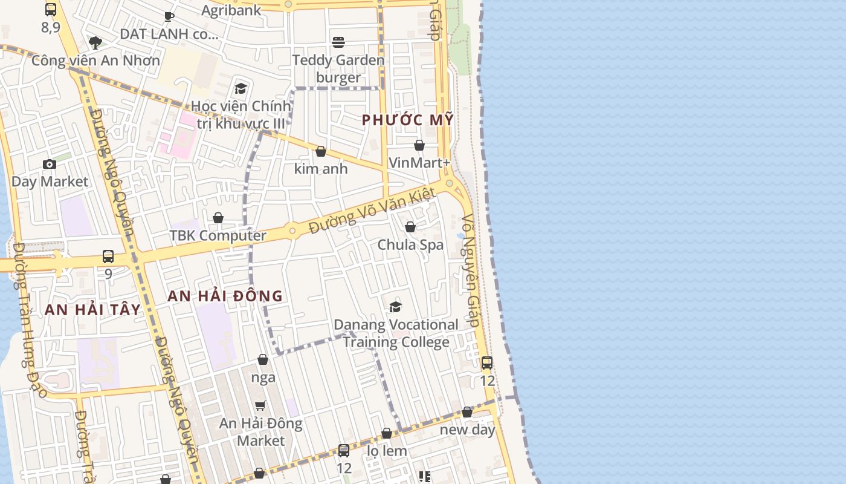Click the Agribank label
click(x=231, y=10)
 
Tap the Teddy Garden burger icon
click(x=338, y=42)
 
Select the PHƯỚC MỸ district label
click(x=407, y=120)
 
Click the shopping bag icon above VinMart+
click(x=419, y=145)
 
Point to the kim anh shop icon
click(x=321, y=151)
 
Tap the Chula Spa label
click(x=410, y=244)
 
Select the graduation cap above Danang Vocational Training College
click(x=396, y=307)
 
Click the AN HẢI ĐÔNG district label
click(x=225, y=296)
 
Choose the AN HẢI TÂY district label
click(x=92, y=310)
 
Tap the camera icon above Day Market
click(x=50, y=164)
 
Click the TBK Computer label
click(x=218, y=235)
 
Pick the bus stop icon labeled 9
click(x=108, y=257)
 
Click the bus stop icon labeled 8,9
click(x=51, y=10)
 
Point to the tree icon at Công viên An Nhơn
click(x=95, y=42)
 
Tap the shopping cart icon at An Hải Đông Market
click(x=260, y=405)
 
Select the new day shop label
click(x=467, y=430)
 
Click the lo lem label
click(x=387, y=451)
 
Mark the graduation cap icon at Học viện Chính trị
click(x=241, y=89)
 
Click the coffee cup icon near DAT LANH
click(x=169, y=16)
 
